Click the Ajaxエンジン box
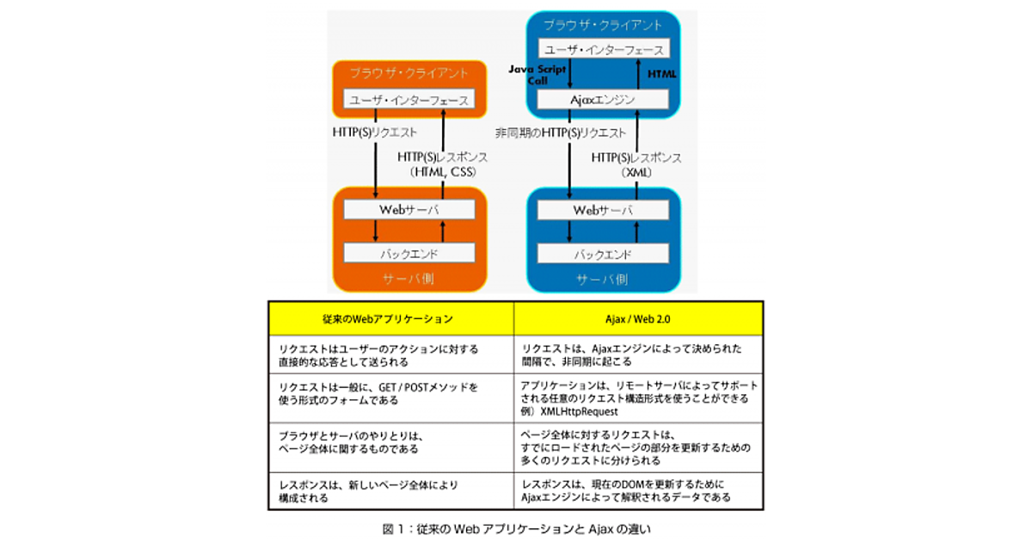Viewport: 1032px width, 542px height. [602, 100]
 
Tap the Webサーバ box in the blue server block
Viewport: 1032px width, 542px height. [602, 210]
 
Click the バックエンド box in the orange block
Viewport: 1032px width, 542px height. [409, 254]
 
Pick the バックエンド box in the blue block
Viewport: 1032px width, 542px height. [602, 254]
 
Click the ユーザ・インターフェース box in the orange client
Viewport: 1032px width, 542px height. [409, 100]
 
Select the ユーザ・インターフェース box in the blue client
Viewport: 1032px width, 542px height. [602, 49]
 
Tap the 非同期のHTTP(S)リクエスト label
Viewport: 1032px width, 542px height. [561, 133]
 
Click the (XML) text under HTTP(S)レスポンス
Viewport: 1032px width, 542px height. [636, 173]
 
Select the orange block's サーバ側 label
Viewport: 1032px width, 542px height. [409, 280]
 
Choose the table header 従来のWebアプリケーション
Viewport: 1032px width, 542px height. [390, 318]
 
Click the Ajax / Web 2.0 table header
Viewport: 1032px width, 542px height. [638, 318]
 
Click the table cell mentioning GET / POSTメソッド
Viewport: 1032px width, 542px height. [390, 393]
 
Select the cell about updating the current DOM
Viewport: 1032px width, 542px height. [638, 490]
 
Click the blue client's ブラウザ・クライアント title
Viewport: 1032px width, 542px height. [602, 23]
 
